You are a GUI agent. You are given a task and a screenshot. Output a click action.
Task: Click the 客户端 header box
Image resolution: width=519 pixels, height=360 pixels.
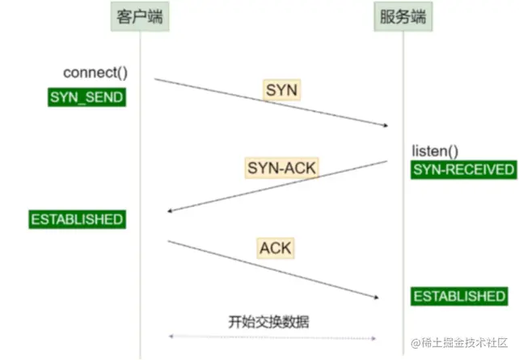[140, 17]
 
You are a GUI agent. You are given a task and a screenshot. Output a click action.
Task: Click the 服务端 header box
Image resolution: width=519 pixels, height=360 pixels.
[402, 17]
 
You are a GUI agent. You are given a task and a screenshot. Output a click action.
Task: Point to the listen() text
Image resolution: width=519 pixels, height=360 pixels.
[435, 151]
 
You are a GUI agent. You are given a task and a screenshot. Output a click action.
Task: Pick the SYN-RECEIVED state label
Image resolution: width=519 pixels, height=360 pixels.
[463, 169]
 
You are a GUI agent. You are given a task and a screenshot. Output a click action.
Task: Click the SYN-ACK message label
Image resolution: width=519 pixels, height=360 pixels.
[281, 168]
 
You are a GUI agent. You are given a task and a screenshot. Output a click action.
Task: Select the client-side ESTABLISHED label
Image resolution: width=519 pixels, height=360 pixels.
[77, 219]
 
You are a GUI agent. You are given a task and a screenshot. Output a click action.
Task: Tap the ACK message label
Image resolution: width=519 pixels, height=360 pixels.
[275, 247]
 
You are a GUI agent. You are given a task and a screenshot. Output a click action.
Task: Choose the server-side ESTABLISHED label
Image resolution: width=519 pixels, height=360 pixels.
[458, 296]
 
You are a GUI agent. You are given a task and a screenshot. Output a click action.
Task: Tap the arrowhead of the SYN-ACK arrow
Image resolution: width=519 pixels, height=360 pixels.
[168, 211]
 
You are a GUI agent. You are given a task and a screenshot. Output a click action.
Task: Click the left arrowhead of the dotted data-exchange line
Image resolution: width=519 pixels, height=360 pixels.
[169, 338]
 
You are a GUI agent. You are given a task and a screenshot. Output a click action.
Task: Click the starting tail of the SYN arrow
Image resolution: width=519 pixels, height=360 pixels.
[155, 79]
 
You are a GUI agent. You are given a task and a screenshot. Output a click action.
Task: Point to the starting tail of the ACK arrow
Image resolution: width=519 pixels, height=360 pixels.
[168, 240]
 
